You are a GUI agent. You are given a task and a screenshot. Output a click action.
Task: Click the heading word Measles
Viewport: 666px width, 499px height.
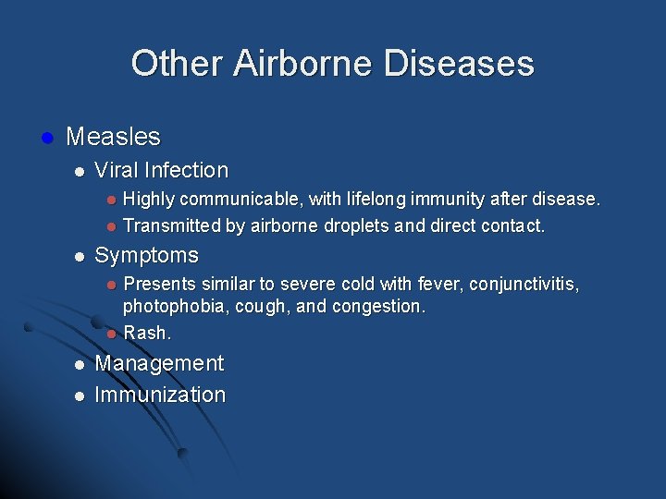113,138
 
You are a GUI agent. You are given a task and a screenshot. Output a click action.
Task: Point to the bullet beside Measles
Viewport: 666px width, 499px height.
46,138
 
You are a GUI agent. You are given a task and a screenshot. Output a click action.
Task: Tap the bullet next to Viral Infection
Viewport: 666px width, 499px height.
80,171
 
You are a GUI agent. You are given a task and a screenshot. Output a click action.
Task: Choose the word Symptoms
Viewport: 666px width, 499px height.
146,255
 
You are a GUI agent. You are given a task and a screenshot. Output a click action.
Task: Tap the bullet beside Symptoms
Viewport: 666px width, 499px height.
80,256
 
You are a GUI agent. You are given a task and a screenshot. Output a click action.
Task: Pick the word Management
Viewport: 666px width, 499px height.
159,363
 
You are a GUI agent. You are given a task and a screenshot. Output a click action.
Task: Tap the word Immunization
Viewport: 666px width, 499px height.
160,395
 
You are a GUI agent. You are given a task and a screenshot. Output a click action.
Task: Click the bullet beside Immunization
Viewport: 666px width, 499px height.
80,396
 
